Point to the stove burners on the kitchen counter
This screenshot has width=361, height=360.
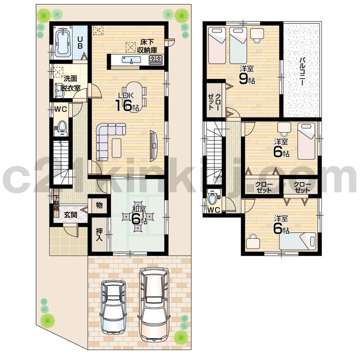click(x=156, y=59)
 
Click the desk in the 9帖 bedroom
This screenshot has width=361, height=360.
click(x=257, y=34)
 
